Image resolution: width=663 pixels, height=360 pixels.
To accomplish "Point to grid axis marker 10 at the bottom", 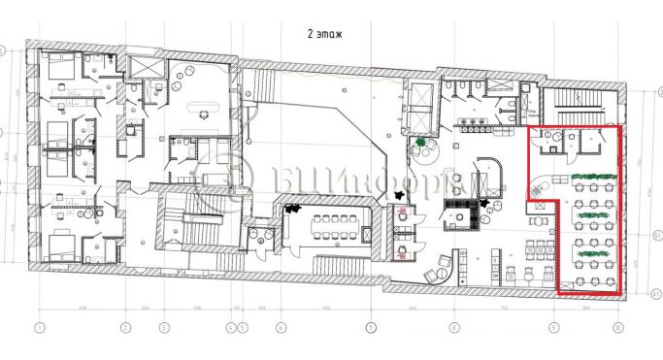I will pos(617,327).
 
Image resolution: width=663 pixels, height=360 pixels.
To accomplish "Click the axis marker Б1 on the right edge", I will pos(656,235).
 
